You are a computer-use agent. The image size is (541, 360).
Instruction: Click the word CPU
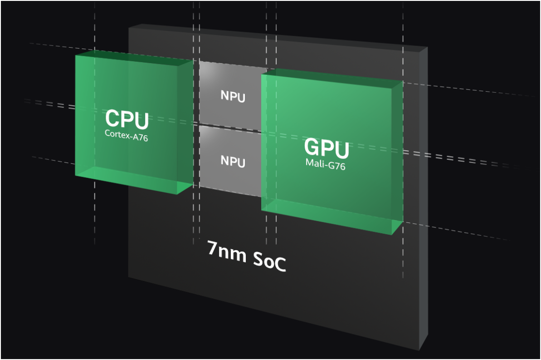[x=127, y=119]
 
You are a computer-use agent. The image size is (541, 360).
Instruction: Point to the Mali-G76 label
[x=326, y=166]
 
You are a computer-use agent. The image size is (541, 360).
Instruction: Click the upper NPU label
[x=233, y=97]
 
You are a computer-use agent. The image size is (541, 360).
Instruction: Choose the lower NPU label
[x=233, y=161]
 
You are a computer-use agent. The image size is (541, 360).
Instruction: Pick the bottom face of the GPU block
[x=331, y=216]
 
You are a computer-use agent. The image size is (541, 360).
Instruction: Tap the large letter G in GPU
[x=312, y=148]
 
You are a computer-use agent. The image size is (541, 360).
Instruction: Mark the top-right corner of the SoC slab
[x=427, y=47]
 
